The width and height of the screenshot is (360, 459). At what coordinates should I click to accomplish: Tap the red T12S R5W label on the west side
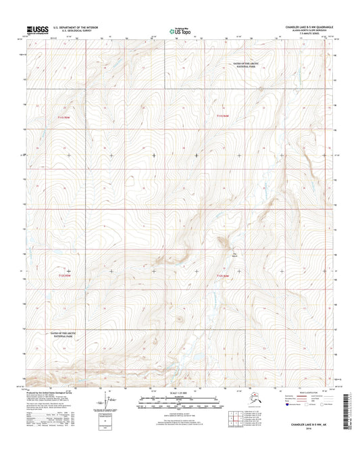coord(65,275)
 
